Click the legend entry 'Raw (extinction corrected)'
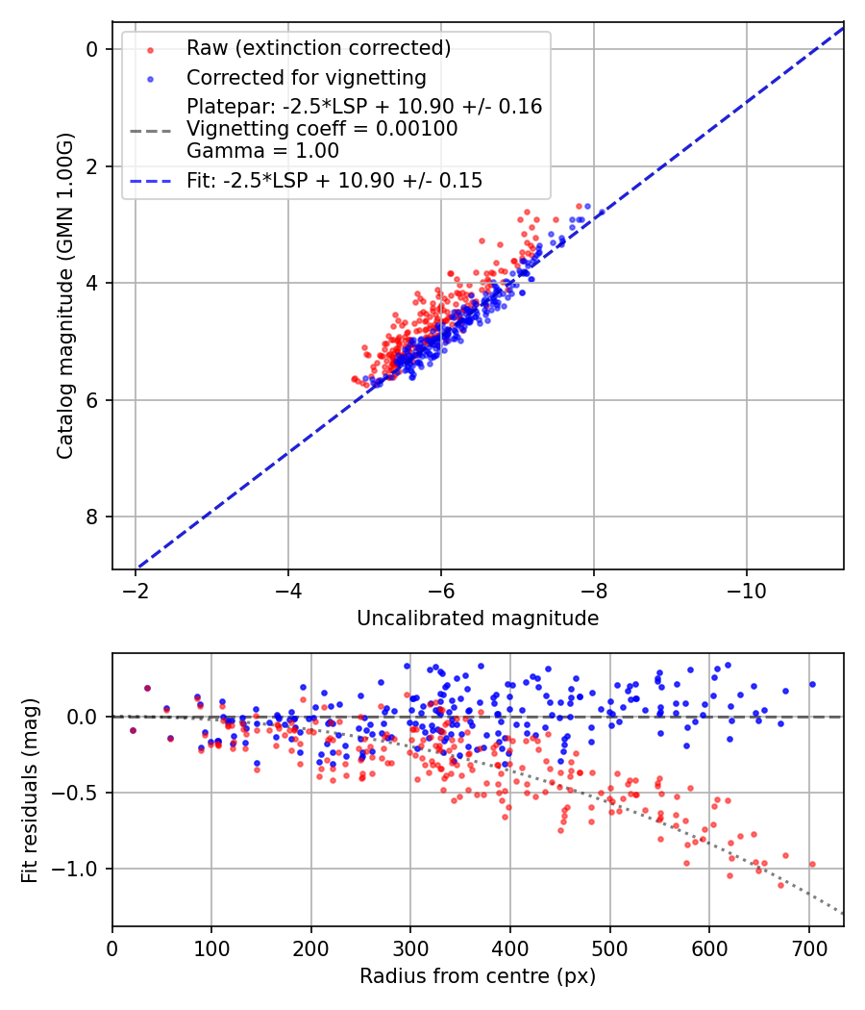pyautogui.click(x=318, y=48)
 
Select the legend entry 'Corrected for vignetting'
pyautogui.click(x=306, y=77)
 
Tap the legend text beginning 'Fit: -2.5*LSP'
pyautogui.click(x=334, y=180)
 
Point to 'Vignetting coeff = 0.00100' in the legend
pyautogui.click(x=322, y=129)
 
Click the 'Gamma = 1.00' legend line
pyautogui.click(x=262, y=151)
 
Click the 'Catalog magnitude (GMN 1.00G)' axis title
pyautogui.click(x=64, y=294)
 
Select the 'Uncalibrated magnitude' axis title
pyautogui.click(x=478, y=619)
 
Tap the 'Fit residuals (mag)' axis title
pyautogui.click(x=30, y=790)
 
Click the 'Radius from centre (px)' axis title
pyautogui.click(x=478, y=976)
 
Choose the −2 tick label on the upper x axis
pyautogui.click(x=136, y=589)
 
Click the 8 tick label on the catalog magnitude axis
pyautogui.click(x=92, y=518)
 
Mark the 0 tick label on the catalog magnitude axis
pyautogui.click(x=92, y=49)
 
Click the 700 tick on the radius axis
pyautogui.click(x=808, y=947)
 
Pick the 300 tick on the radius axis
pyautogui.click(x=410, y=947)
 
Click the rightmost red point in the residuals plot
pyautogui.click(x=812, y=864)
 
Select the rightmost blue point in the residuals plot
pyautogui.click(x=812, y=684)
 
